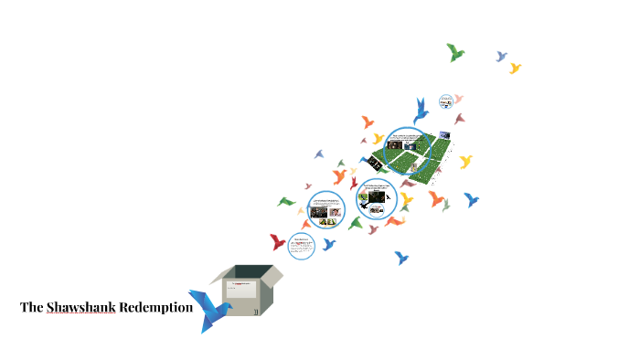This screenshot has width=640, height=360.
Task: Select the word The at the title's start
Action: click(32, 307)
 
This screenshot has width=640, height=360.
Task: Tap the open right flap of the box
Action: click(273, 273)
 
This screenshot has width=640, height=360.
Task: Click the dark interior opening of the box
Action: click(250, 272)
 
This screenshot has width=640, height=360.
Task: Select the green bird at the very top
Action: click(455, 52)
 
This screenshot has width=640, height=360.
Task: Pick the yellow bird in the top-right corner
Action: click(515, 68)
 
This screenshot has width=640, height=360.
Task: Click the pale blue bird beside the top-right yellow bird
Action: click(501, 57)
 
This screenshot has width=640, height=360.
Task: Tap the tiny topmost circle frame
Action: click(446, 101)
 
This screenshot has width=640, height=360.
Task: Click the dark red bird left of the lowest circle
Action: click(277, 242)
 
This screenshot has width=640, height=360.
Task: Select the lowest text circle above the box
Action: click(301, 245)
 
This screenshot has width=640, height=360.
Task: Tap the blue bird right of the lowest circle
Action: click(329, 244)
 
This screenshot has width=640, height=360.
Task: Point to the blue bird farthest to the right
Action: click(472, 199)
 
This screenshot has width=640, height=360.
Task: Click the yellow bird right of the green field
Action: click(465, 162)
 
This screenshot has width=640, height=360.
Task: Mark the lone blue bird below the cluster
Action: click(400, 258)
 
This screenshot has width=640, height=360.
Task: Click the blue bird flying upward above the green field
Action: click(421, 111)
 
